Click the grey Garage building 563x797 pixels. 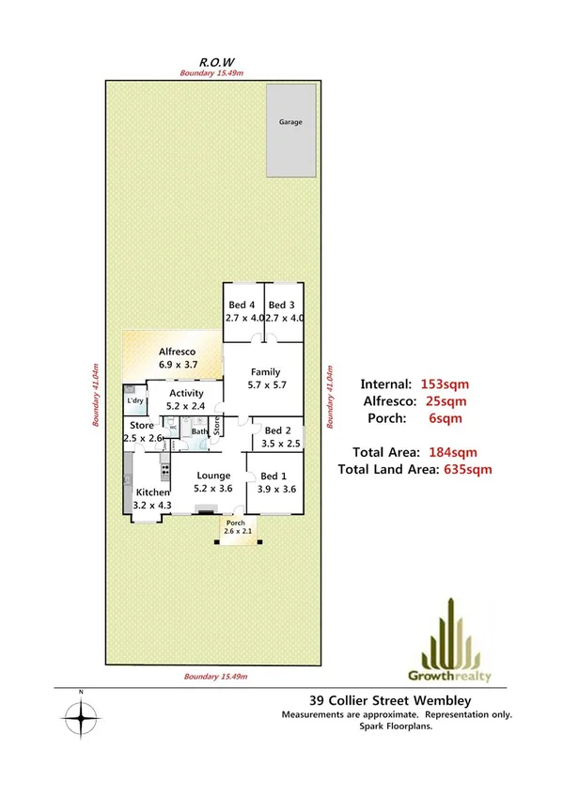pyautogui.click(x=289, y=131)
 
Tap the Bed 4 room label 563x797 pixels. pyautogui.click(x=242, y=305)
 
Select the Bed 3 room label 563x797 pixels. pyautogui.click(x=282, y=305)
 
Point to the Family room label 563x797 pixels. pyautogui.click(x=265, y=373)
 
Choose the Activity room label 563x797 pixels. pyautogui.click(x=187, y=394)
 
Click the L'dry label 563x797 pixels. pyautogui.click(x=135, y=402)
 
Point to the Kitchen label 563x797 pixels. pyautogui.click(x=152, y=492)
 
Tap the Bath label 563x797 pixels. pyautogui.click(x=199, y=432)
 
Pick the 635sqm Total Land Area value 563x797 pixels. pyautogui.click(x=465, y=469)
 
